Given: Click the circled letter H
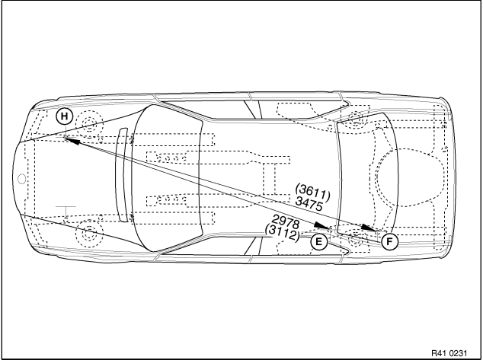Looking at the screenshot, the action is tap(65, 116).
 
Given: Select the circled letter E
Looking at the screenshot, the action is tap(318, 242).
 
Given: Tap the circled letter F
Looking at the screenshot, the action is tap(389, 241).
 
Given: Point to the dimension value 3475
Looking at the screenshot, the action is tap(309, 204).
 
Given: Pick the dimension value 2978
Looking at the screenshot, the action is tap(286, 221).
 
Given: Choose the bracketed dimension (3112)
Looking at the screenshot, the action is tap(283, 234).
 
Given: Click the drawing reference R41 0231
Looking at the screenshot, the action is tap(449, 353).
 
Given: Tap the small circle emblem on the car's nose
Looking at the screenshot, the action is tap(21, 179).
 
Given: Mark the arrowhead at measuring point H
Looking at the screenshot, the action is tap(72, 140).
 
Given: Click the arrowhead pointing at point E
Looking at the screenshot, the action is tap(322, 226).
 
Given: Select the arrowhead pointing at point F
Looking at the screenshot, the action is tap(369, 228).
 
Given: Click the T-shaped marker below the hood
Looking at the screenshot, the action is tap(66, 211).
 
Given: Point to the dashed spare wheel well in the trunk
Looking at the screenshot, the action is tap(404, 177).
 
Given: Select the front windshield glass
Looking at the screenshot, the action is tap(167, 178).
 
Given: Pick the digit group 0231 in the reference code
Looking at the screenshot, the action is tap(458, 353).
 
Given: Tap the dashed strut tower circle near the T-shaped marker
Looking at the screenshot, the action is tap(89, 232).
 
